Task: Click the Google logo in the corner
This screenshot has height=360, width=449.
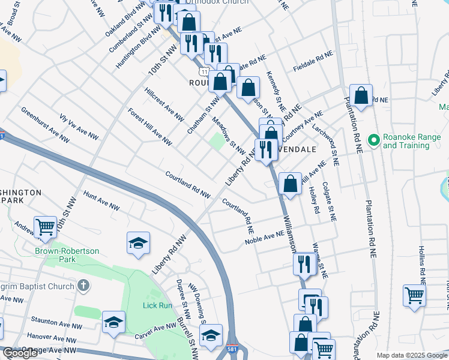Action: (x=20, y=353)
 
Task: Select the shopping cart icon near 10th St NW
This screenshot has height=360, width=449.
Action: (x=45, y=227)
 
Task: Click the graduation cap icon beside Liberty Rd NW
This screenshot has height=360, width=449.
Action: (x=138, y=243)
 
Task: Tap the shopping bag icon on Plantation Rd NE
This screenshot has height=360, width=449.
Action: (x=361, y=95)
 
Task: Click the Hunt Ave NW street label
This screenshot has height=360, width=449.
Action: (x=101, y=200)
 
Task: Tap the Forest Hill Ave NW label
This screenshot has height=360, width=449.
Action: (x=149, y=127)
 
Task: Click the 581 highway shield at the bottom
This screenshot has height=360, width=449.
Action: (x=232, y=348)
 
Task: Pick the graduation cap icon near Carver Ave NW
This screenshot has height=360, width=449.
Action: (x=113, y=322)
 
